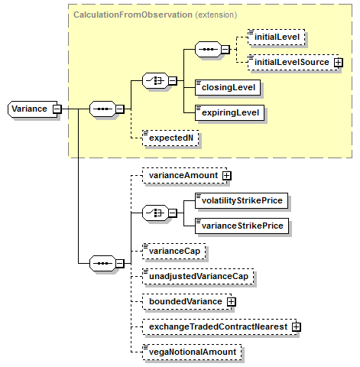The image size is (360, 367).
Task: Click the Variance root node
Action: pos(32,109)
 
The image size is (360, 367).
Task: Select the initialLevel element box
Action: pos(277,37)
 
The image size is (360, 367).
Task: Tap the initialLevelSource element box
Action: pos(294,63)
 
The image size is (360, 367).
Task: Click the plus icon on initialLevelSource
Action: pos(339,63)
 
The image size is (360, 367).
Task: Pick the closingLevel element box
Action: pos(228,88)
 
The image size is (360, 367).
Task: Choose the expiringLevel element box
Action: pos(229,113)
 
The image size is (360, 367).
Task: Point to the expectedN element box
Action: pos(170,138)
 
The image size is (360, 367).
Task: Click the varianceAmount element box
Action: pos(185,176)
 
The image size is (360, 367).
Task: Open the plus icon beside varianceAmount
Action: pos(226,176)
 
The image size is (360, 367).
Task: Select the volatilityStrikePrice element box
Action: pos(242,200)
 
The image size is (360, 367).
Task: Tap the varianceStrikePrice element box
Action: pos(242,226)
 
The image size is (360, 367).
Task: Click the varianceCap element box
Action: pos(174,251)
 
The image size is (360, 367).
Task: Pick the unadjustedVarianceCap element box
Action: pos(198,276)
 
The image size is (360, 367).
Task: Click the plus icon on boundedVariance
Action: pos(231,302)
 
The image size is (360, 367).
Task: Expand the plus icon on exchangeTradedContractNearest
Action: pos(297,327)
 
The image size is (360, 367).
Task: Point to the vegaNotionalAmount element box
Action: pos(192,352)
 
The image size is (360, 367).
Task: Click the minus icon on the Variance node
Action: pos(57,109)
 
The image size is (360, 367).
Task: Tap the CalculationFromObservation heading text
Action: pos(133,15)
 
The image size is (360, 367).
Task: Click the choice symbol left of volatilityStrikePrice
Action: pos(155,213)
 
